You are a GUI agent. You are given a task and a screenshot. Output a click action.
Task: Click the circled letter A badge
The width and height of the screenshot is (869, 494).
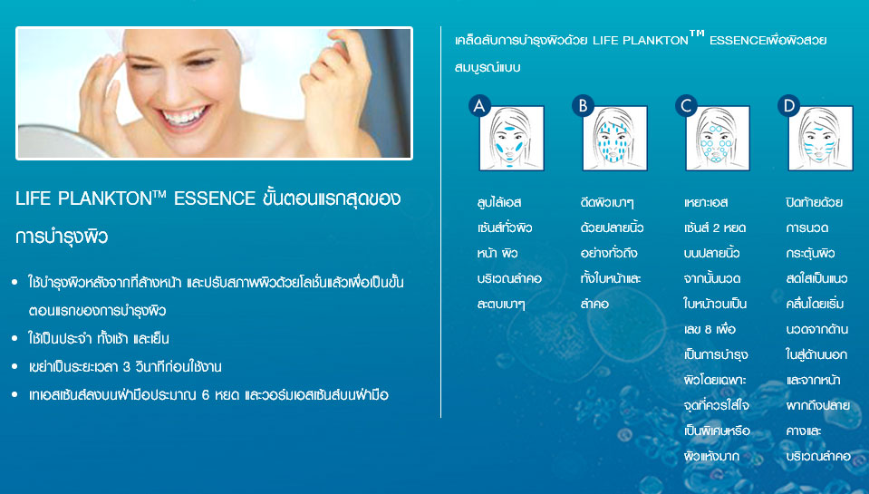pos(479,105)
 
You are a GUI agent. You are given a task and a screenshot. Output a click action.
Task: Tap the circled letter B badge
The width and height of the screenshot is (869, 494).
pos(583,105)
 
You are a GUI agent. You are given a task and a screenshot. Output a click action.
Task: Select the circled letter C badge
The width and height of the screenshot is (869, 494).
pos(686,105)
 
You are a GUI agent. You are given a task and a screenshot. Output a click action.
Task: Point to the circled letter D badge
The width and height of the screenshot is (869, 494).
pos(789,105)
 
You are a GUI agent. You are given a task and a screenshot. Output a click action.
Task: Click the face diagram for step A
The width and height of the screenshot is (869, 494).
pos(512,138)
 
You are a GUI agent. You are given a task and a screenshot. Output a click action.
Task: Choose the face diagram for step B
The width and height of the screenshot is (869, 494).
pos(614,138)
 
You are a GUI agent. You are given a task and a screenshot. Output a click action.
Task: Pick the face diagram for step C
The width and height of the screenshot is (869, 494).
pos(718,138)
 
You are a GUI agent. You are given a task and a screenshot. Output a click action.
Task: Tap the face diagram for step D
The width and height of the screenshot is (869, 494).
pos(821,138)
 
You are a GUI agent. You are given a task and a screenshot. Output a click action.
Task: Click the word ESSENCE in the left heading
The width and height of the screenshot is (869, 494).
pos(215,199)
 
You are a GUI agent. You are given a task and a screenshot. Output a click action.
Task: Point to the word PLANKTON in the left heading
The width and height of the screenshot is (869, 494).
pos(105,199)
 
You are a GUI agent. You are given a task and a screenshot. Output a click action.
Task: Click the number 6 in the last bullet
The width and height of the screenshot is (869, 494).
pos(206,395)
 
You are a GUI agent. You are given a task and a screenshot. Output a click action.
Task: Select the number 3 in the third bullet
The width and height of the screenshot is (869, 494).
pos(127,367)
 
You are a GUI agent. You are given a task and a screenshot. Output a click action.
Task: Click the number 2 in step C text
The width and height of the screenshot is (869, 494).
pos(717,228)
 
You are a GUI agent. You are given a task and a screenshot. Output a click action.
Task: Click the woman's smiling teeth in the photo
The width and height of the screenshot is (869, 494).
pos(184,117)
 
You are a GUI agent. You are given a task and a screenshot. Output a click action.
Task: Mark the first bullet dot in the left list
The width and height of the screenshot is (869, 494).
pos(15,283)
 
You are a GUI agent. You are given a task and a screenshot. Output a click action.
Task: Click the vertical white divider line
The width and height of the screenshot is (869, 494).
pos(441,222)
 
